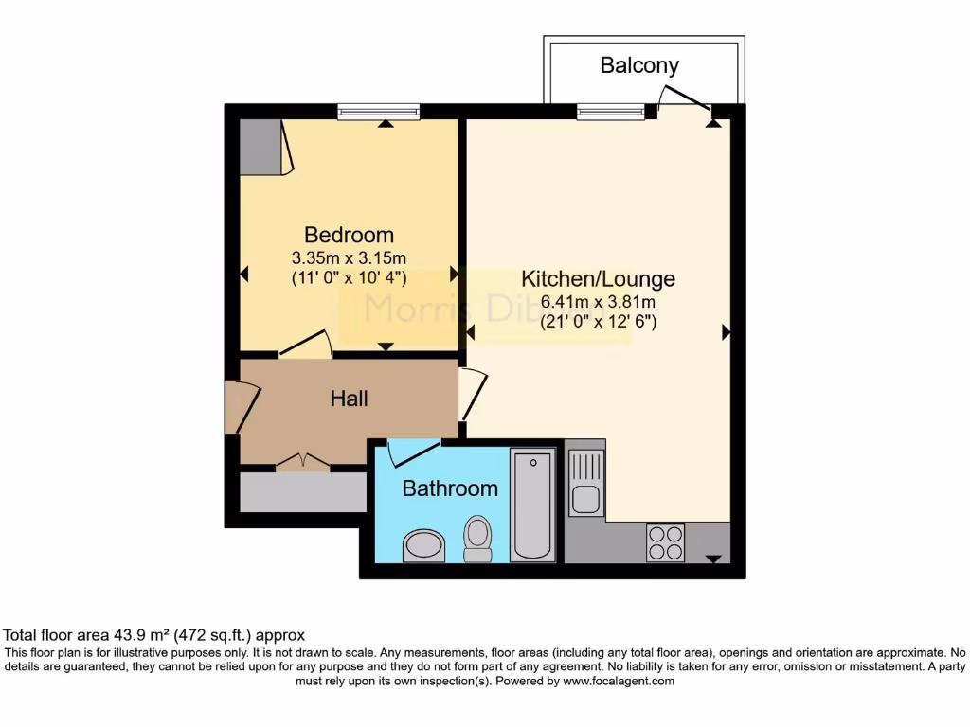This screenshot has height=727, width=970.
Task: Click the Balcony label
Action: point(639,65)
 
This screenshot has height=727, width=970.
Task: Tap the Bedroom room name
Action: point(349,235)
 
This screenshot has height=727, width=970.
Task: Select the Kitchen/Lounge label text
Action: point(598,279)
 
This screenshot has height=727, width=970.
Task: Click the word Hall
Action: point(349,399)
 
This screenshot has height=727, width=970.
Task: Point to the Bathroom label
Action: point(450,488)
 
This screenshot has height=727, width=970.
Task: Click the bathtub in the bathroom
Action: point(532,505)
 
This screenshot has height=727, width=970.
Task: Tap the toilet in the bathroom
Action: point(477,537)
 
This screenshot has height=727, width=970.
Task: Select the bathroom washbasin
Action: point(423,544)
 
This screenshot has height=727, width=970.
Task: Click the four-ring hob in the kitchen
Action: point(665,542)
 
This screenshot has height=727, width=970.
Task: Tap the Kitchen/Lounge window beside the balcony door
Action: point(611,112)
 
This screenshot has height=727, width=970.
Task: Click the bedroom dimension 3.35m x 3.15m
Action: point(349,257)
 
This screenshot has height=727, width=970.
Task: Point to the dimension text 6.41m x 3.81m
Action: point(598,302)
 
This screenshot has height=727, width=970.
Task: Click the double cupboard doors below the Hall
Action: point(303,462)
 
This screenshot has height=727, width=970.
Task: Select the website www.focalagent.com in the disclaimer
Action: point(619,681)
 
